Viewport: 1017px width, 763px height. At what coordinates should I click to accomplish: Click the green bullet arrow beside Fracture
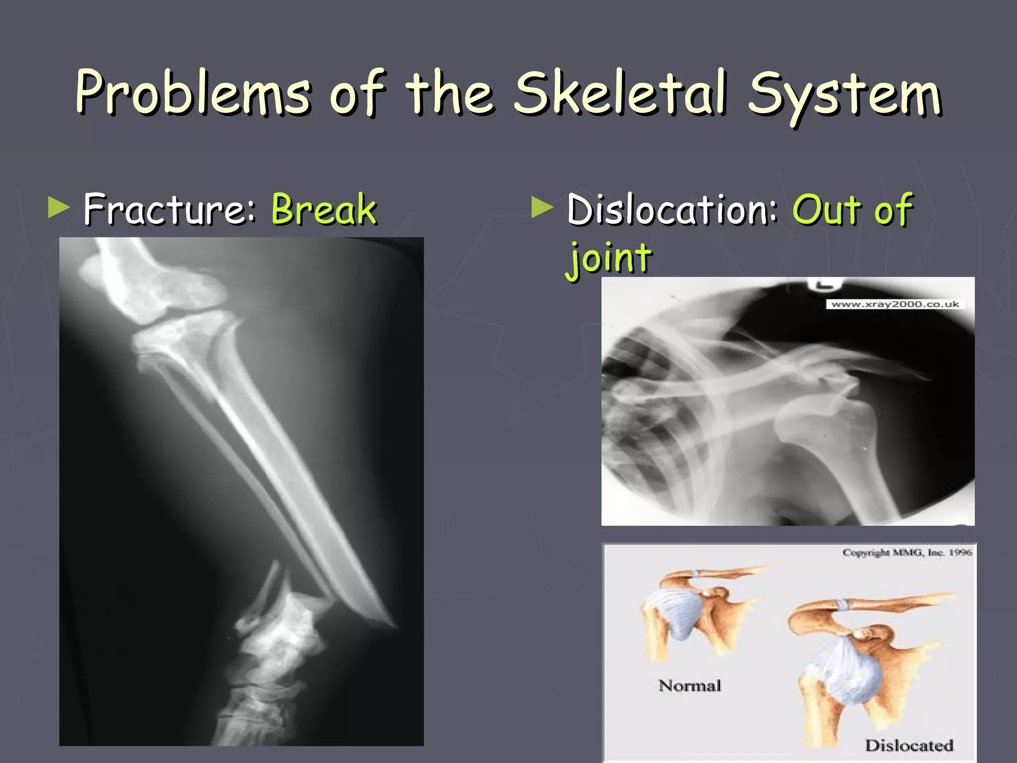coord(59,208)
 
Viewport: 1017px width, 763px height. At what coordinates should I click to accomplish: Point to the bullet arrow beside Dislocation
coord(542,208)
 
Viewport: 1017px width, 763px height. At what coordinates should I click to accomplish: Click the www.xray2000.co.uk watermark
coord(895,304)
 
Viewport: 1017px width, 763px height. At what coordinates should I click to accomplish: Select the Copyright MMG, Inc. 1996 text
coord(907,552)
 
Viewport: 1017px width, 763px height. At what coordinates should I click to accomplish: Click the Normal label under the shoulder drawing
coord(689,686)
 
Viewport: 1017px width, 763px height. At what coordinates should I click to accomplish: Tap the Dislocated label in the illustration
coord(909,745)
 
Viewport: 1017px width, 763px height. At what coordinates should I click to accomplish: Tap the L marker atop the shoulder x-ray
coord(825,284)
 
